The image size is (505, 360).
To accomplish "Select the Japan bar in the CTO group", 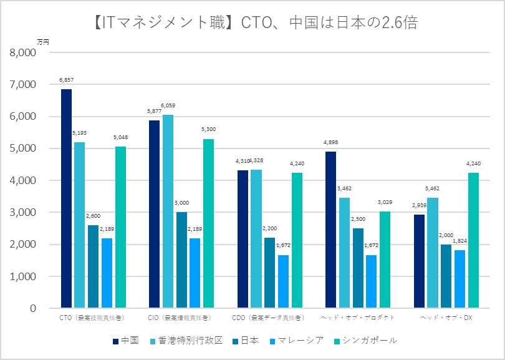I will (94, 266).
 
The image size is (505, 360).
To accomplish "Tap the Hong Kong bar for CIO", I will (168, 212).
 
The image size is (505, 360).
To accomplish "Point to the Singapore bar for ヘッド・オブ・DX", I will (473, 240).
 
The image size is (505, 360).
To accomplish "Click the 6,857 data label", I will (66, 80).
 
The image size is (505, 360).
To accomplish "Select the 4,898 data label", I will (330, 143).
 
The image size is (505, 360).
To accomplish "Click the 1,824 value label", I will (460, 241).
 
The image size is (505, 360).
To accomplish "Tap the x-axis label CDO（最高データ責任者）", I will (269, 318).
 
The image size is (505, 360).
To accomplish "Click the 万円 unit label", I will (43, 42).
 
